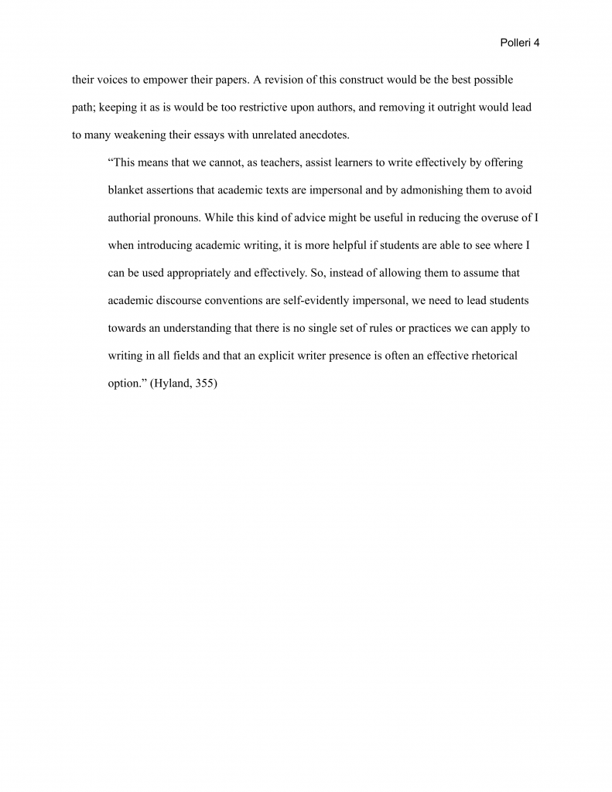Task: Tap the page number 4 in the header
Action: tap(537, 43)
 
